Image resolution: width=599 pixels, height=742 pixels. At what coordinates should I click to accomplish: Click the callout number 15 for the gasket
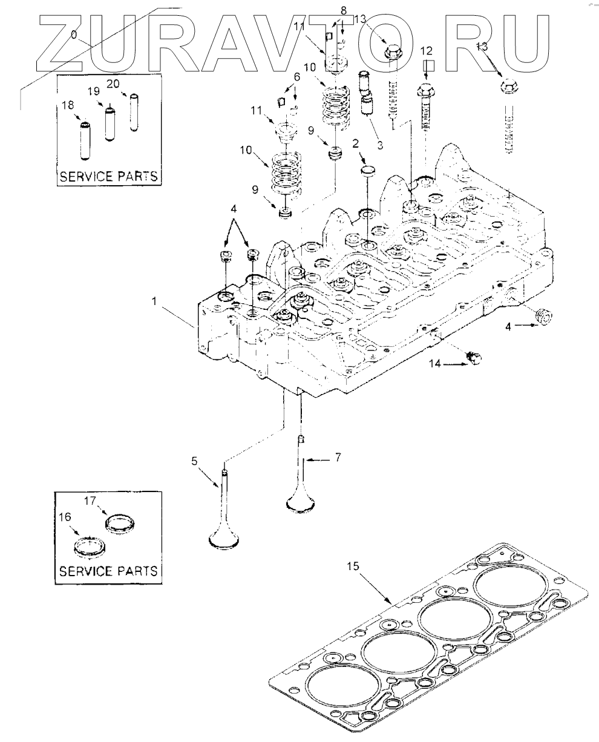pos(352,566)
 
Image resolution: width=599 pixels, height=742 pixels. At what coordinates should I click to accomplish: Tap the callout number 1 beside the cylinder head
pos(155,301)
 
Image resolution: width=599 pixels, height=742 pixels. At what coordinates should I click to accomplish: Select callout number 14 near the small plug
pos(435,364)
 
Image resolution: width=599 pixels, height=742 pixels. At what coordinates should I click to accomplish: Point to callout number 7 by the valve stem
pos(338,457)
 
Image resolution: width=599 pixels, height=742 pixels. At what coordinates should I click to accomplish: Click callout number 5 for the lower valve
pos(194,461)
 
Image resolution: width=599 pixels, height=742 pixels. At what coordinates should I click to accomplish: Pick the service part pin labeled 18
pos(85,140)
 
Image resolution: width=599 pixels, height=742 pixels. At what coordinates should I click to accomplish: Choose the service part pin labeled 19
pos(110,123)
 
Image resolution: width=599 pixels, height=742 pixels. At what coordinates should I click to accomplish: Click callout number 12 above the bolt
pos(427,51)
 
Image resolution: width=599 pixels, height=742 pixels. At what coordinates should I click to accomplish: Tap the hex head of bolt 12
pos(425,90)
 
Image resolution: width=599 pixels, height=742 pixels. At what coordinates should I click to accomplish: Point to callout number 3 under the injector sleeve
pos(380,145)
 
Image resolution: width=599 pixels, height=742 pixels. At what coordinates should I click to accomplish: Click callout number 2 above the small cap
pos(355,143)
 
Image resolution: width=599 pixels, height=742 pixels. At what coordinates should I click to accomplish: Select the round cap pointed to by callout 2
pos(367,172)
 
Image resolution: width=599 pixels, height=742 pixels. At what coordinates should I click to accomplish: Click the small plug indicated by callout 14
pos(474,358)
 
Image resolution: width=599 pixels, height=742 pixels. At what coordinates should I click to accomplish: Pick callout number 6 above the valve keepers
pos(296,77)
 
